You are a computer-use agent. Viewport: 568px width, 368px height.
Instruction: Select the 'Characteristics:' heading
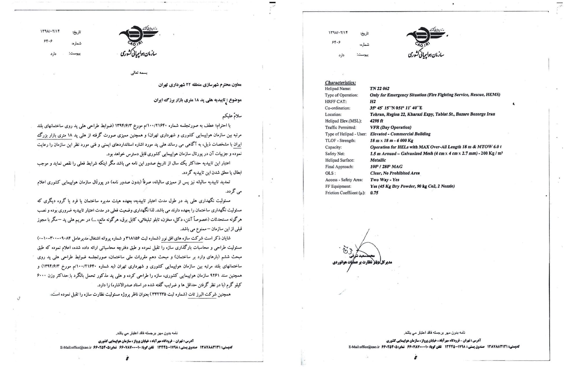coord(340,83)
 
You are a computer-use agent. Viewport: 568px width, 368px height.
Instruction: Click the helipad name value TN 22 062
coord(379,89)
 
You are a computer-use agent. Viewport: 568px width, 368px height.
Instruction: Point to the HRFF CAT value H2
coord(373,102)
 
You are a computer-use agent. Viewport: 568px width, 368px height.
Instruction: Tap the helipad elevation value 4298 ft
coord(376,121)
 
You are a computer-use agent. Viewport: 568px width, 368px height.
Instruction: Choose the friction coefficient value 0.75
coord(374,193)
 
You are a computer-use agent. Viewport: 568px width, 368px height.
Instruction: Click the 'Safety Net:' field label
coord(335,154)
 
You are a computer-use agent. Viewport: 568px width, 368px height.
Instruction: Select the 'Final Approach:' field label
coord(339,167)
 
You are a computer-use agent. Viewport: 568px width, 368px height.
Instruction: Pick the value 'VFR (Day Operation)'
coord(390,127)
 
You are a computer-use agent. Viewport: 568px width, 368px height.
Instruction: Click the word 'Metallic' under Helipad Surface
coord(378,160)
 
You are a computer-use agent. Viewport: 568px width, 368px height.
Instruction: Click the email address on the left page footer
coord(76,347)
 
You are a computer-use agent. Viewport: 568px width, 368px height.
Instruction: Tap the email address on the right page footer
coord(364,347)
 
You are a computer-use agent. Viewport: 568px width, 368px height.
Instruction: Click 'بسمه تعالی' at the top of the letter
coord(139,73)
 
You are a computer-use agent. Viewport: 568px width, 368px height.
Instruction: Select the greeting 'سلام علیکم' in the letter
coord(232,116)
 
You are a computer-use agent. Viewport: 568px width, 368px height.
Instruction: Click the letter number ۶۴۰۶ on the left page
coord(48,41)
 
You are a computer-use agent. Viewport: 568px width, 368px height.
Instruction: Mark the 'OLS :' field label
coord(330,173)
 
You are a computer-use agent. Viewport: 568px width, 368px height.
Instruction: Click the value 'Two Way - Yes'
coord(385,180)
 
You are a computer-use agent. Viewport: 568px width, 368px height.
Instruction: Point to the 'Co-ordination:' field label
coord(337,108)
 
